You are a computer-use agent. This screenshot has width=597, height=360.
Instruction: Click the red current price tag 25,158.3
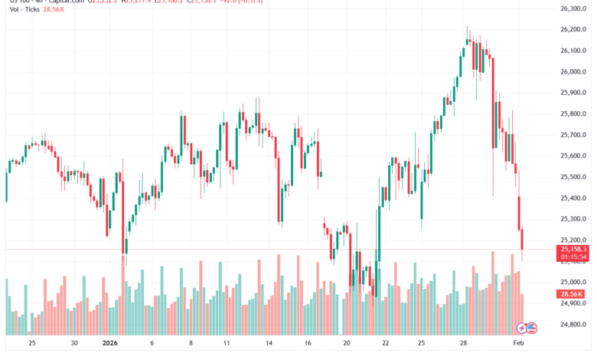point(573,249)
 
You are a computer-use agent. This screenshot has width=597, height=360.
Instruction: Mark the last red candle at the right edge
point(522,239)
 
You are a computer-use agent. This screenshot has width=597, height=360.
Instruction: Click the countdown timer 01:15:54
point(573,257)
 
